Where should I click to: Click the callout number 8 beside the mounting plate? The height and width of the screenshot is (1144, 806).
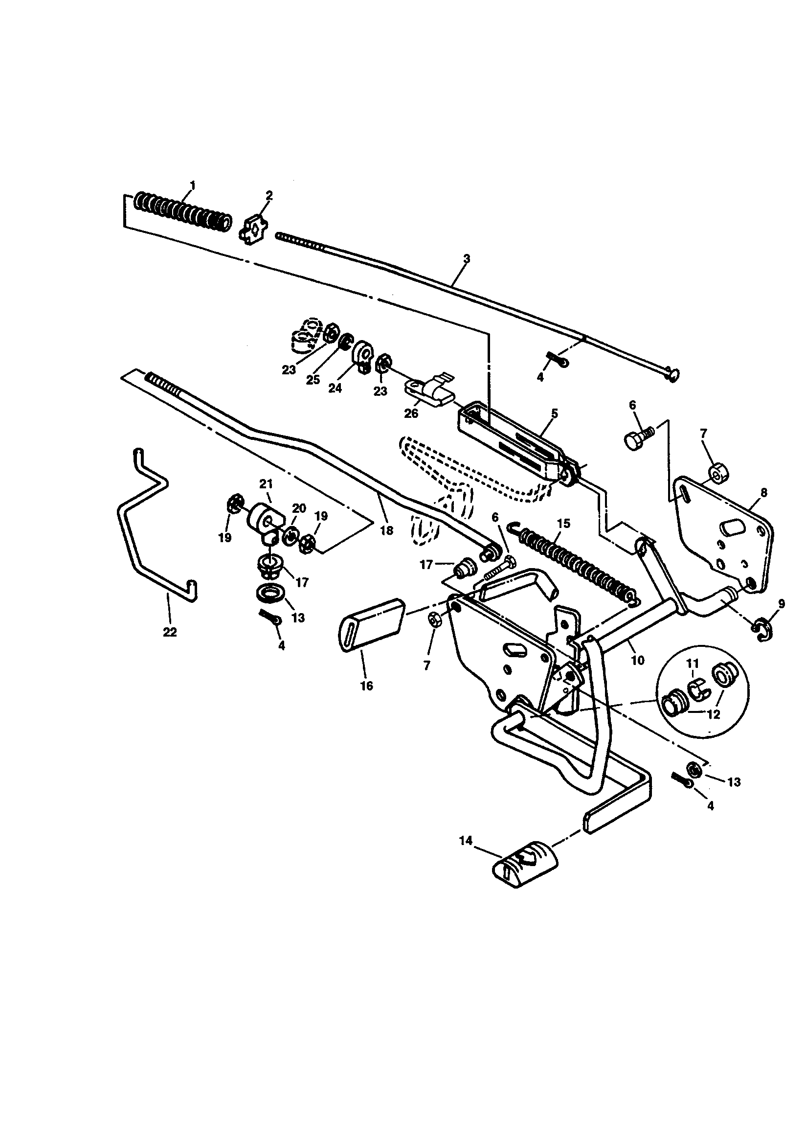763,493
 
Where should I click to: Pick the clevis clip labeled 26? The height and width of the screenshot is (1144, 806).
428,390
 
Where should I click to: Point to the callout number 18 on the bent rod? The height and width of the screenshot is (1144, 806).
386,530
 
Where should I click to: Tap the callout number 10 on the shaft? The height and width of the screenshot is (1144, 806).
638,660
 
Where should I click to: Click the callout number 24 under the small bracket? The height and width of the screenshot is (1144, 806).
335,388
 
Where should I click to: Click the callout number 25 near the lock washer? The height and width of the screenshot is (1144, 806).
313,380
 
